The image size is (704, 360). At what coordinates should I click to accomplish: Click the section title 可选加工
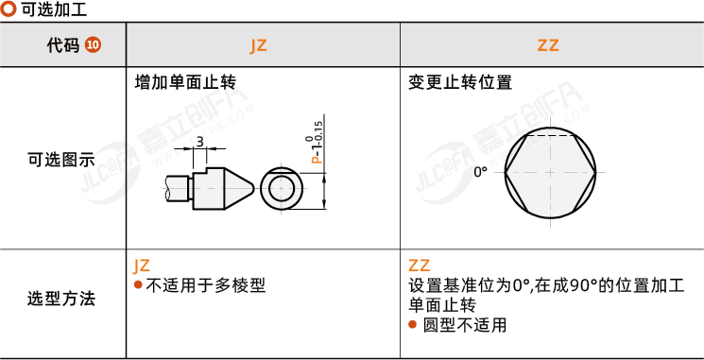[54, 9]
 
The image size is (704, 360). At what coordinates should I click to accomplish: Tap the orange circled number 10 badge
[94, 45]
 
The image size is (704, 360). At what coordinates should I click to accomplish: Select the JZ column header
[258, 45]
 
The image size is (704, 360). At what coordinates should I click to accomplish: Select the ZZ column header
[548, 45]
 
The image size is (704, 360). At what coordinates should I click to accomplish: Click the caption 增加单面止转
[186, 82]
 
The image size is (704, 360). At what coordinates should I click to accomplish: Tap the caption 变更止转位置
[460, 82]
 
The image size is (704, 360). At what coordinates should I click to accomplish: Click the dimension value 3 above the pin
[199, 142]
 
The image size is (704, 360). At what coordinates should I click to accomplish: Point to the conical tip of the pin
[253, 186]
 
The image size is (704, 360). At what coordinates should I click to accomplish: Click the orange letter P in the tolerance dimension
[317, 160]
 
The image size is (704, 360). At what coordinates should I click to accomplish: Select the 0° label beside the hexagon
[480, 172]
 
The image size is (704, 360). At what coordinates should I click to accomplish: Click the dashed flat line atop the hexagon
[551, 134]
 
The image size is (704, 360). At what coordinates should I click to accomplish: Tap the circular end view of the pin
[282, 189]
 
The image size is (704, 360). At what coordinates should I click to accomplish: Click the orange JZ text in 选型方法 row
[142, 266]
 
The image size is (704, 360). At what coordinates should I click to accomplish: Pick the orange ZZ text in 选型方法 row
[420, 266]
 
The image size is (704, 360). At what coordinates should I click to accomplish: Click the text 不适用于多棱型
[206, 285]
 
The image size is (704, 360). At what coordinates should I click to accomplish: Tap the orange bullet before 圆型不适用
[413, 324]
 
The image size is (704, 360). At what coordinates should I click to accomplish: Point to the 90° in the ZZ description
[582, 286]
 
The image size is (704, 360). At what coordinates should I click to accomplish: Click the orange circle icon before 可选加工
[9, 9]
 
